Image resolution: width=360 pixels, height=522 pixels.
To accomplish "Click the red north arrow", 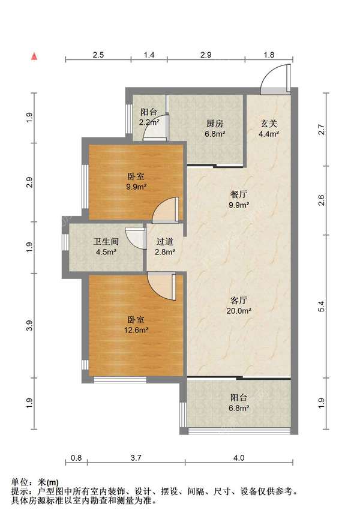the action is [34, 56].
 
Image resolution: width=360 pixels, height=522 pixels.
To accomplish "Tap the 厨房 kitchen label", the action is [214, 124].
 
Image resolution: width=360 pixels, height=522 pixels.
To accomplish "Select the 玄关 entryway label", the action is [268, 124].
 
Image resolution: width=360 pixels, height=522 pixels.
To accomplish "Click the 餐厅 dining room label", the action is [239, 194].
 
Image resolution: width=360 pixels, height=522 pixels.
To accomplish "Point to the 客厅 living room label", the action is [239, 300].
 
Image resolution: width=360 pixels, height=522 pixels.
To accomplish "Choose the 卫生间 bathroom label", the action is [106, 241].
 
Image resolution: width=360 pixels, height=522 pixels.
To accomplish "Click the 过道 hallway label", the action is [164, 241].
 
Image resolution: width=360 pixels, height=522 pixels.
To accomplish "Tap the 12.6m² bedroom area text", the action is [136, 330].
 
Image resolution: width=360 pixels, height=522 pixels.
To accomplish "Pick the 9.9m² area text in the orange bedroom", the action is [136, 187].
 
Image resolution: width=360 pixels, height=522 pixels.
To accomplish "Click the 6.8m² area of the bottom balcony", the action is [239, 408].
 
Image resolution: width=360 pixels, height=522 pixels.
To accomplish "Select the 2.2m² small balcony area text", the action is [149, 122].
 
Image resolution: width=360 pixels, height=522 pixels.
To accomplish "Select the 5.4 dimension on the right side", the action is [322, 306].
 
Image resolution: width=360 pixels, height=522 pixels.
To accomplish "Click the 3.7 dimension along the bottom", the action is [136, 458].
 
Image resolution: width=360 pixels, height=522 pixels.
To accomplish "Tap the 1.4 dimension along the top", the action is [149, 55].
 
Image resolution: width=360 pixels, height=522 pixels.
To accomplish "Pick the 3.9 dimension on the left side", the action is [29, 326].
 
